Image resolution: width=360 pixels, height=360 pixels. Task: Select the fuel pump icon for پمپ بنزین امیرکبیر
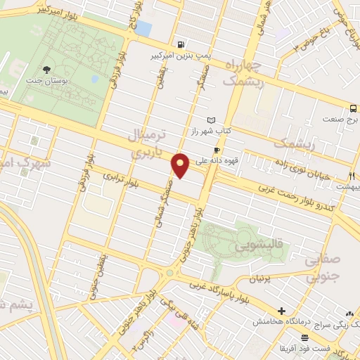click(x=182, y=43)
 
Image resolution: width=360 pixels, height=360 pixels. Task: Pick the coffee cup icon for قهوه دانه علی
click(x=217, y=150)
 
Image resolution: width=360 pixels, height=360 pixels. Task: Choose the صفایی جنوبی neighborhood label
click(x=326, y=268)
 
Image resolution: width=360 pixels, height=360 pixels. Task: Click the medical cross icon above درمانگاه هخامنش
click(x=281, y=311)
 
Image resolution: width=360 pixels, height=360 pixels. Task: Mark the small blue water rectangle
click(x=143, y=28)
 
